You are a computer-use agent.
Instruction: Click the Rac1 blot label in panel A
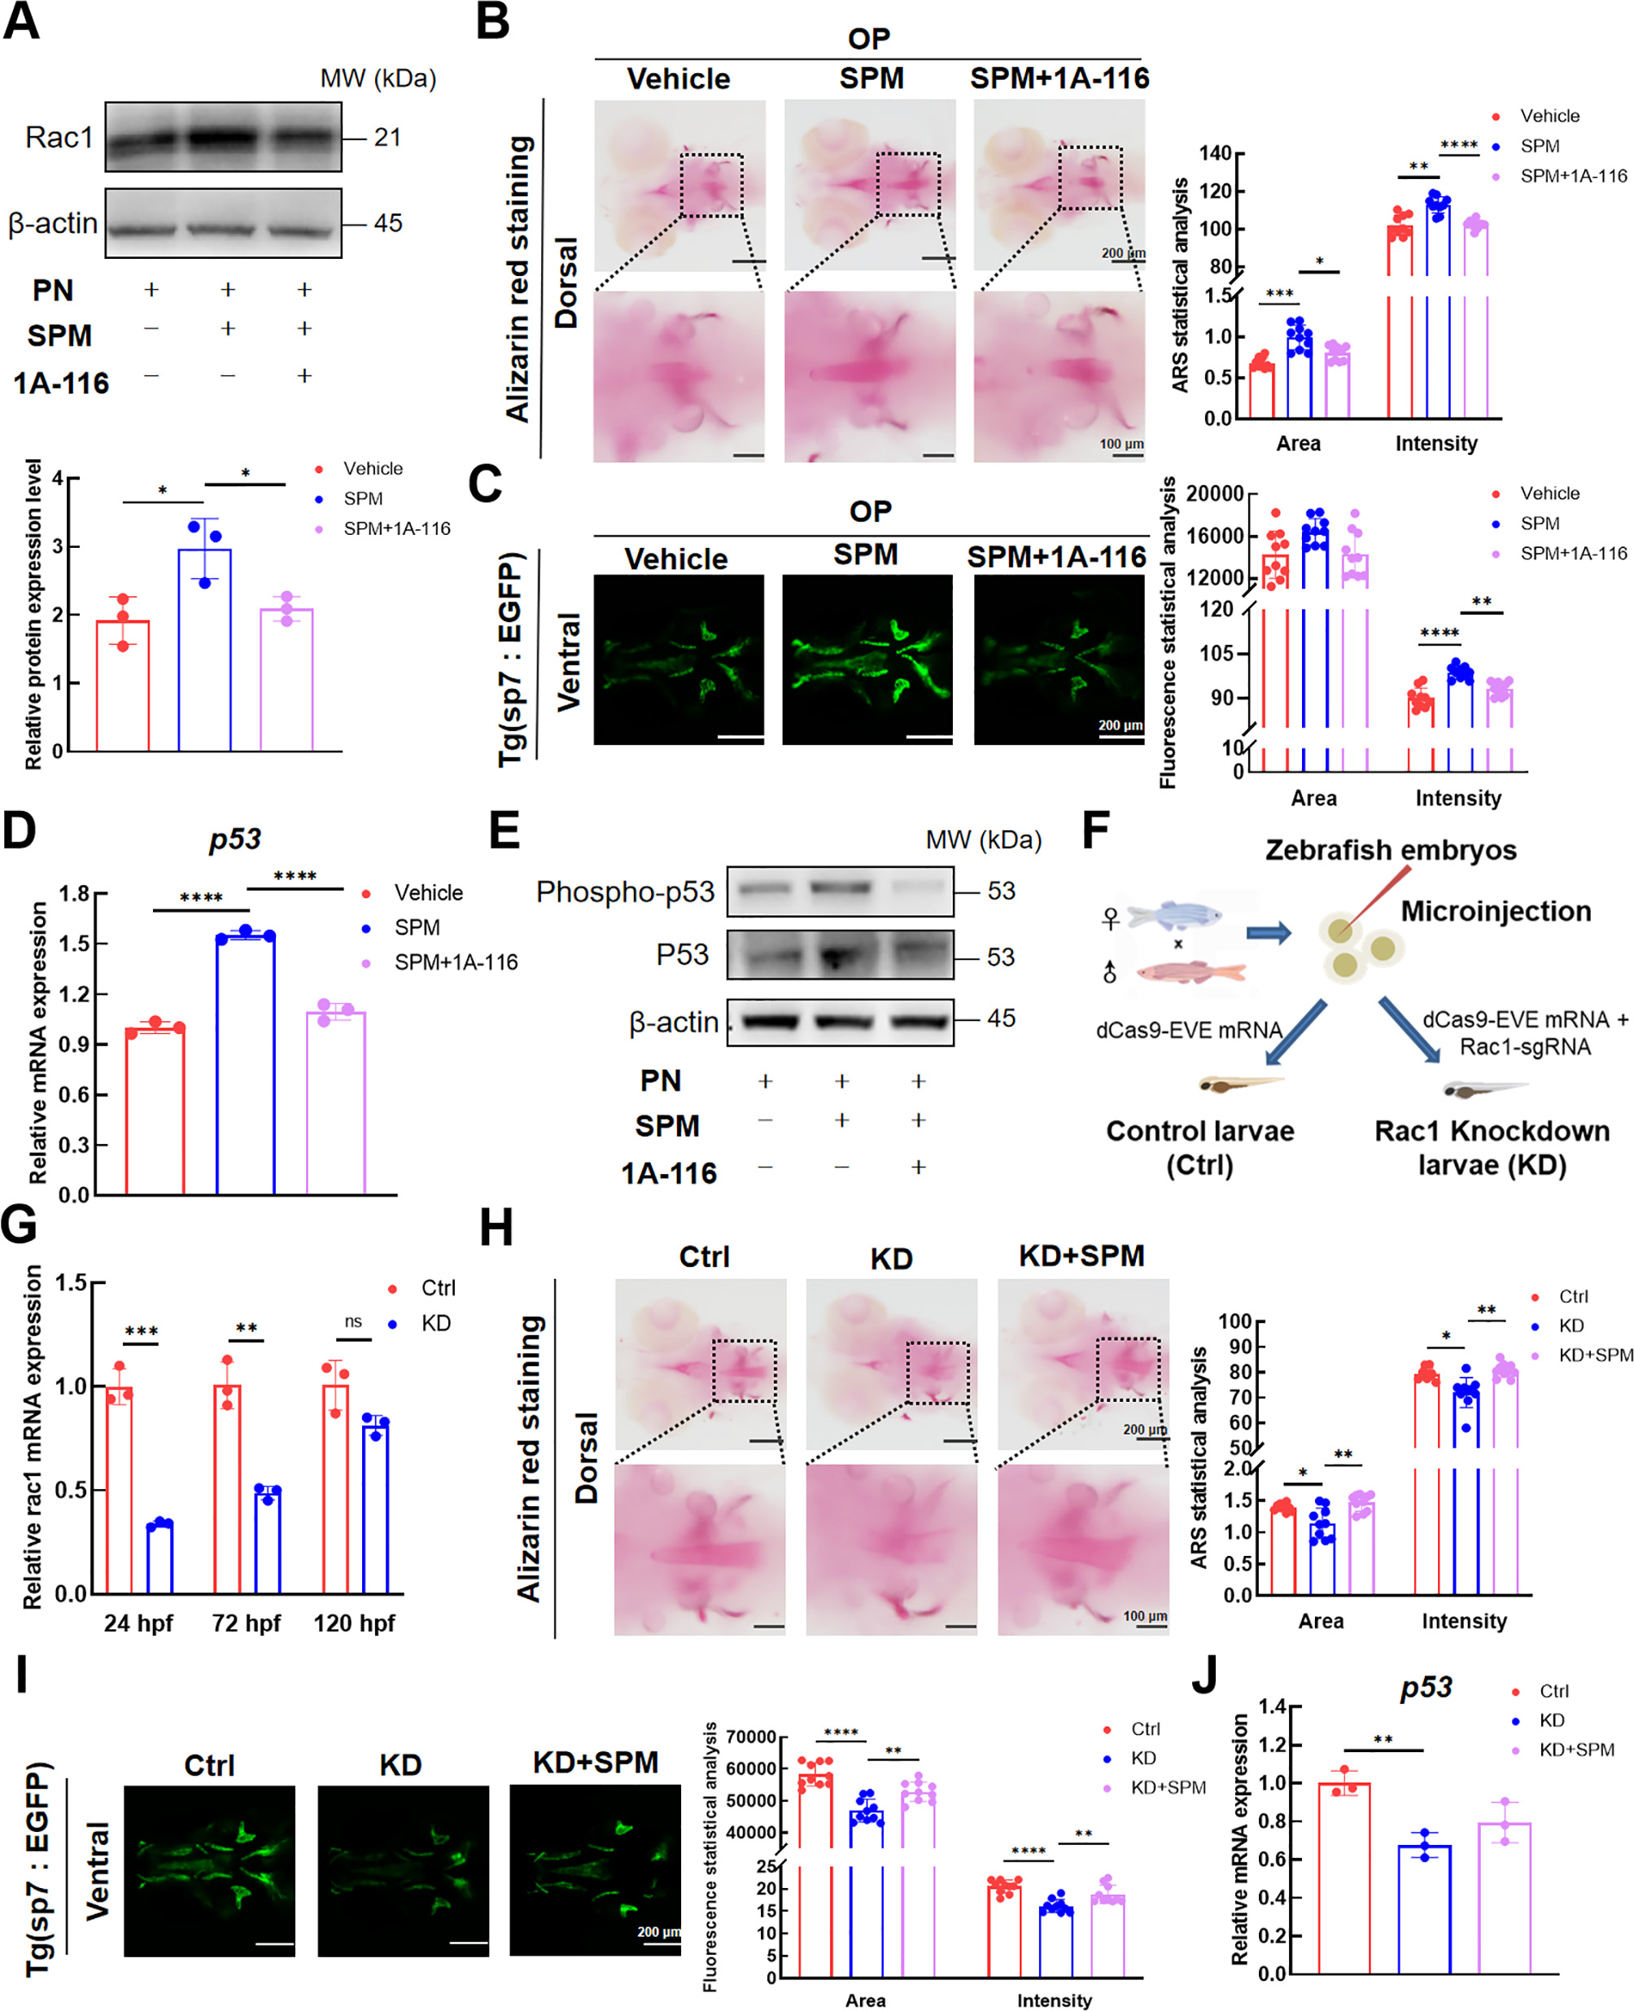tap(59, 138)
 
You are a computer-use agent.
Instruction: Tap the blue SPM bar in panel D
tap(245, 1064)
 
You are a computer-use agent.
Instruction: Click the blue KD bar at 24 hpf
tap(159, 1558)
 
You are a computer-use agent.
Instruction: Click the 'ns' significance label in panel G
tap(353, 1321)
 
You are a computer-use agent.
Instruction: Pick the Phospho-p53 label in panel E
tap(625, 892)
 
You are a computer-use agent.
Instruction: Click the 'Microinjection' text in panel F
tap(1496, 910)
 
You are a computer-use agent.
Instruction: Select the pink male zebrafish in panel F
tap(1191, 971)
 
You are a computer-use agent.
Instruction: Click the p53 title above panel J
tap(1425, 1686)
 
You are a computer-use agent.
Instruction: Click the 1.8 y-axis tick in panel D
tap(74, 892)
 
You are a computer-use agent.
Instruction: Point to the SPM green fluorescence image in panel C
tap(867, 659)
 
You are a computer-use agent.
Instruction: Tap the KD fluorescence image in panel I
tap(402, 1870)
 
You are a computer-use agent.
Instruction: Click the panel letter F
tap(1095, 831)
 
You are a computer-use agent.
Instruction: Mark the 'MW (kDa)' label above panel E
tap(984, 839)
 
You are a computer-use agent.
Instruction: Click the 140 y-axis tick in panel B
tap(1214, 152)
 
